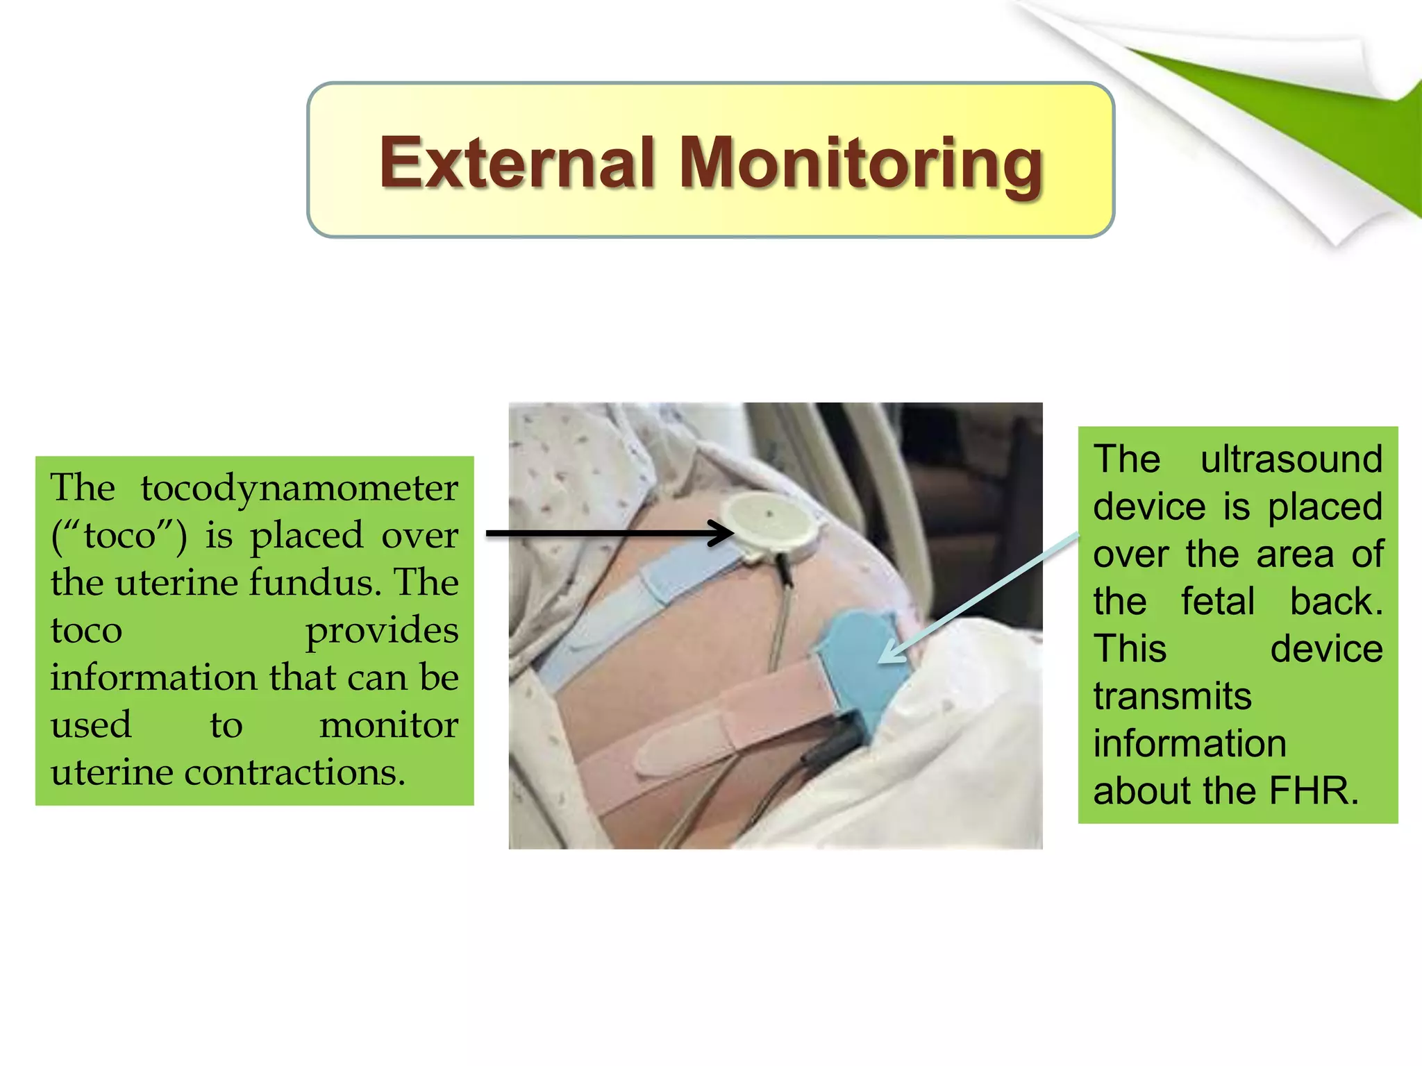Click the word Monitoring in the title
(x=861, y=164)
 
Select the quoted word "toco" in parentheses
(x=119, y=536)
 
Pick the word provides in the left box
(x=381, y=630)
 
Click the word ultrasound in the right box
(x=1291, y=459)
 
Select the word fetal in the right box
(x=1218, y=602)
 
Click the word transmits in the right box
(x=1172, y=696)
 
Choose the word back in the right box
(x=1335, y=602)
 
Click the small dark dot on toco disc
(x=769, y=514)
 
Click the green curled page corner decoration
(x=1319, y=125)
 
